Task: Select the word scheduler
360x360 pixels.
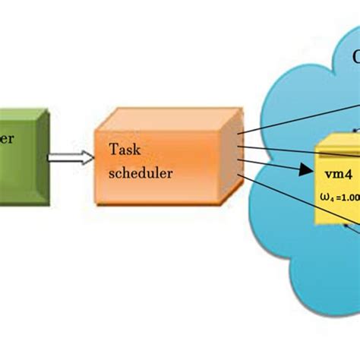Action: (141, 172)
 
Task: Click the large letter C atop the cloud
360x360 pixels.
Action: (357, 57)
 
